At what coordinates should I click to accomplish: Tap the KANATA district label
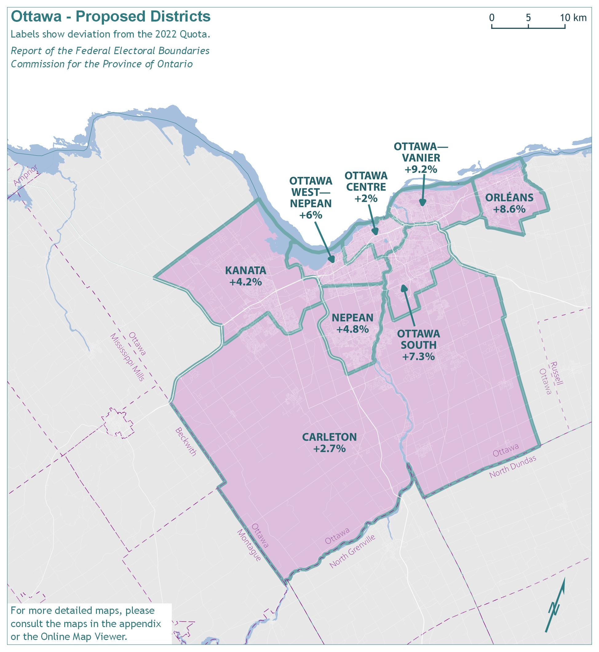coord(246,270)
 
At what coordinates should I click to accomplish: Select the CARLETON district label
coord(329,437)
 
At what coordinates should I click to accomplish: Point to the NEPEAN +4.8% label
coord(353,323)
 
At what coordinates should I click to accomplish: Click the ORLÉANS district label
coord(509,197)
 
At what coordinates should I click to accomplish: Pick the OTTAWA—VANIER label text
coord(421,152)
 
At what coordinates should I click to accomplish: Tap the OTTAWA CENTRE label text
coord(366,181)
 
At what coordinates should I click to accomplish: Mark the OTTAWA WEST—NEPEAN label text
coord(311,192)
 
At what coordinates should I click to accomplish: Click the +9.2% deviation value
coord(421,169)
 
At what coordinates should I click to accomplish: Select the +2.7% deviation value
coord(329,449)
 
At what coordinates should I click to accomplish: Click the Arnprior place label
coord(26,175)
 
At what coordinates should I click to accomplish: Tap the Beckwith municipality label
coord(186,442)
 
